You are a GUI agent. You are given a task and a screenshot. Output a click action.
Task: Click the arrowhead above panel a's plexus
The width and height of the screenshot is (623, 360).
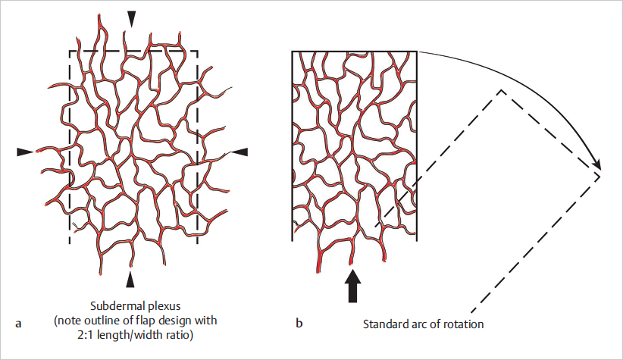[133, 18]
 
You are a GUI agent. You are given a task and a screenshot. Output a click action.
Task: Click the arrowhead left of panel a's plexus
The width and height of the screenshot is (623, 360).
[26, 152]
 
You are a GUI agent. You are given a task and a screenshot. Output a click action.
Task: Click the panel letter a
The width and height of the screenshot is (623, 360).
[17, 324]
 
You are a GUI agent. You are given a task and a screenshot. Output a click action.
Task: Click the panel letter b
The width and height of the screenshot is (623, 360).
[299, 324]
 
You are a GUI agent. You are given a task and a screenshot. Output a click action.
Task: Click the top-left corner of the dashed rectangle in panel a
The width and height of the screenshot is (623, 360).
[70, 52]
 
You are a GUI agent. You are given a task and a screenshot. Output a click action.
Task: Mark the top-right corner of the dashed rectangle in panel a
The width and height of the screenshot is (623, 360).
[198, 52]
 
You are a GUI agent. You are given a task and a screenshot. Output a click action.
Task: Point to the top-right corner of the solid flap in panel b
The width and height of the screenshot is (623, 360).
[418, 52]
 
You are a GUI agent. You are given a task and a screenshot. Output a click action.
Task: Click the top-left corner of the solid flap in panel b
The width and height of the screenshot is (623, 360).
[293, 52]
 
